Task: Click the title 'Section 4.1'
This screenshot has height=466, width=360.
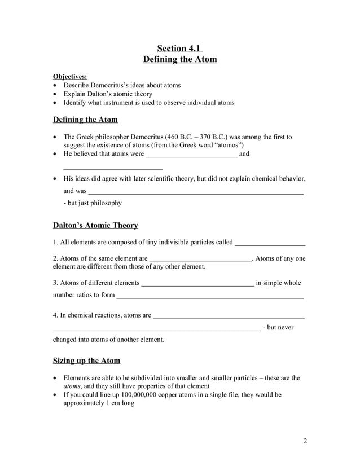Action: click(x=179, y=47)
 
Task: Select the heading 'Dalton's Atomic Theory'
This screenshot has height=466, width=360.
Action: click(x=95, y=225)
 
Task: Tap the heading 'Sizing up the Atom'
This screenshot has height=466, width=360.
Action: click(x=86, y=361)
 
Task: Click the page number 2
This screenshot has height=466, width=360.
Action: click(x=305, y=441)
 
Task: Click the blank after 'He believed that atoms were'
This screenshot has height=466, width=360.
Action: click(x=191, y=154)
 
